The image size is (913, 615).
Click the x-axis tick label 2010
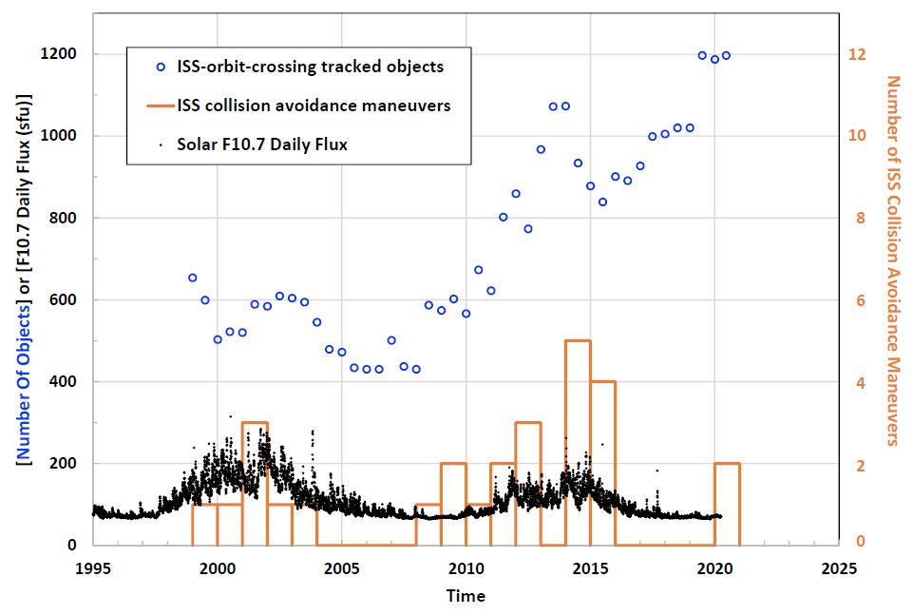coord(466,568)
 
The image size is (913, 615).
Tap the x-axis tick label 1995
coord(93,568)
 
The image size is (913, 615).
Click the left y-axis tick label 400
coord(68,382)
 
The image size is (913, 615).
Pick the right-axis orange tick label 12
coord(857,54)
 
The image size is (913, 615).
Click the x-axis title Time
coord(466,596)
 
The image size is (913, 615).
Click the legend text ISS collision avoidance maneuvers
coord(314,106)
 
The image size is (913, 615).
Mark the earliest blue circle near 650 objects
coord(193,278)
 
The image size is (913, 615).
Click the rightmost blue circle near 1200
coord(726,55)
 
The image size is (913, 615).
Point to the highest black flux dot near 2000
coord(229,416)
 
